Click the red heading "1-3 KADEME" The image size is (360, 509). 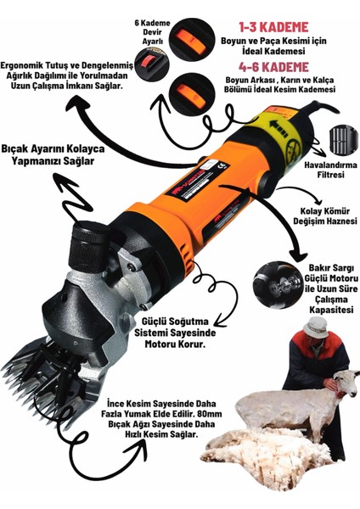(273, 27)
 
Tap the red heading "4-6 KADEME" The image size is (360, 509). (273, 67)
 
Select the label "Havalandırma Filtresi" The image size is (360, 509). (331, 170)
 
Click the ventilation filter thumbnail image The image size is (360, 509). (343, 139)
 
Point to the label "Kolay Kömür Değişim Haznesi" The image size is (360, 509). (325, 216)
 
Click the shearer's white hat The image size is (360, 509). (316, 327)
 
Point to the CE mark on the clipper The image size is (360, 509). (222, 166)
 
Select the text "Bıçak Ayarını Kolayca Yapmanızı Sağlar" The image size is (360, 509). (53, 155)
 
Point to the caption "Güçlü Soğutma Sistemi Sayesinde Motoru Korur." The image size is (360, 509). (175, 333)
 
